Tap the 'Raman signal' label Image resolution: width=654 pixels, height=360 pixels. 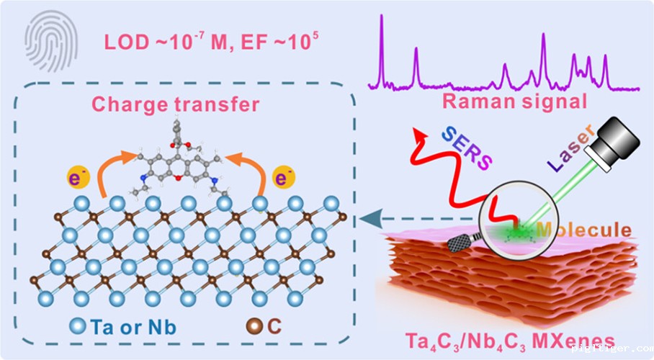514,100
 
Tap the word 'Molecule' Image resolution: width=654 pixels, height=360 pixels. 585,231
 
